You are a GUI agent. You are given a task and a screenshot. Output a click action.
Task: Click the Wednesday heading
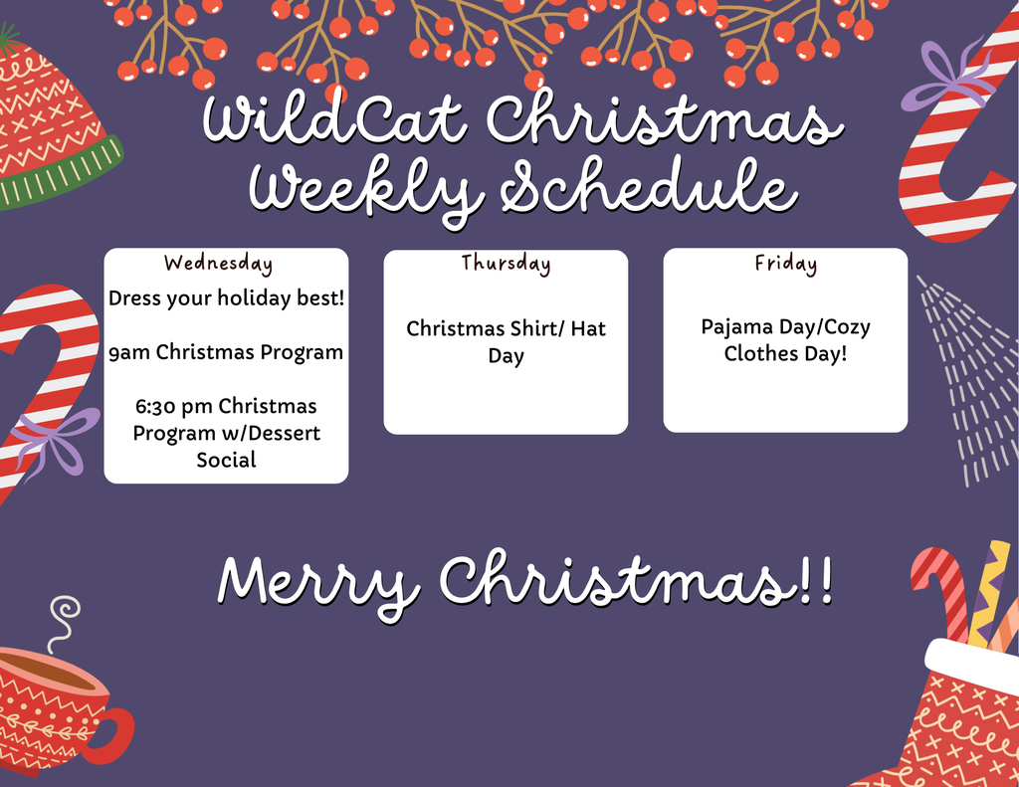pyautogui.click(x=218, y=264)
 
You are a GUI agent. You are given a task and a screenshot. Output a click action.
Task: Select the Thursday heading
pyautogui.click(x=506, y=264)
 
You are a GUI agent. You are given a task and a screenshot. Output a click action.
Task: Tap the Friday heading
pyautogui.click(x=785, y=264)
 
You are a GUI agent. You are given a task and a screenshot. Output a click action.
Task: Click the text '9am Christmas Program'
pyautogui.click(x=226, y=352)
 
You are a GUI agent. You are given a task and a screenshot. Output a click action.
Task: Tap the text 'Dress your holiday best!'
pyautogui.click(x=226, y=297)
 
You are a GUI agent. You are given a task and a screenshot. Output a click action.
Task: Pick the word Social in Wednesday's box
pyautogui.click(x=226, y=460)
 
